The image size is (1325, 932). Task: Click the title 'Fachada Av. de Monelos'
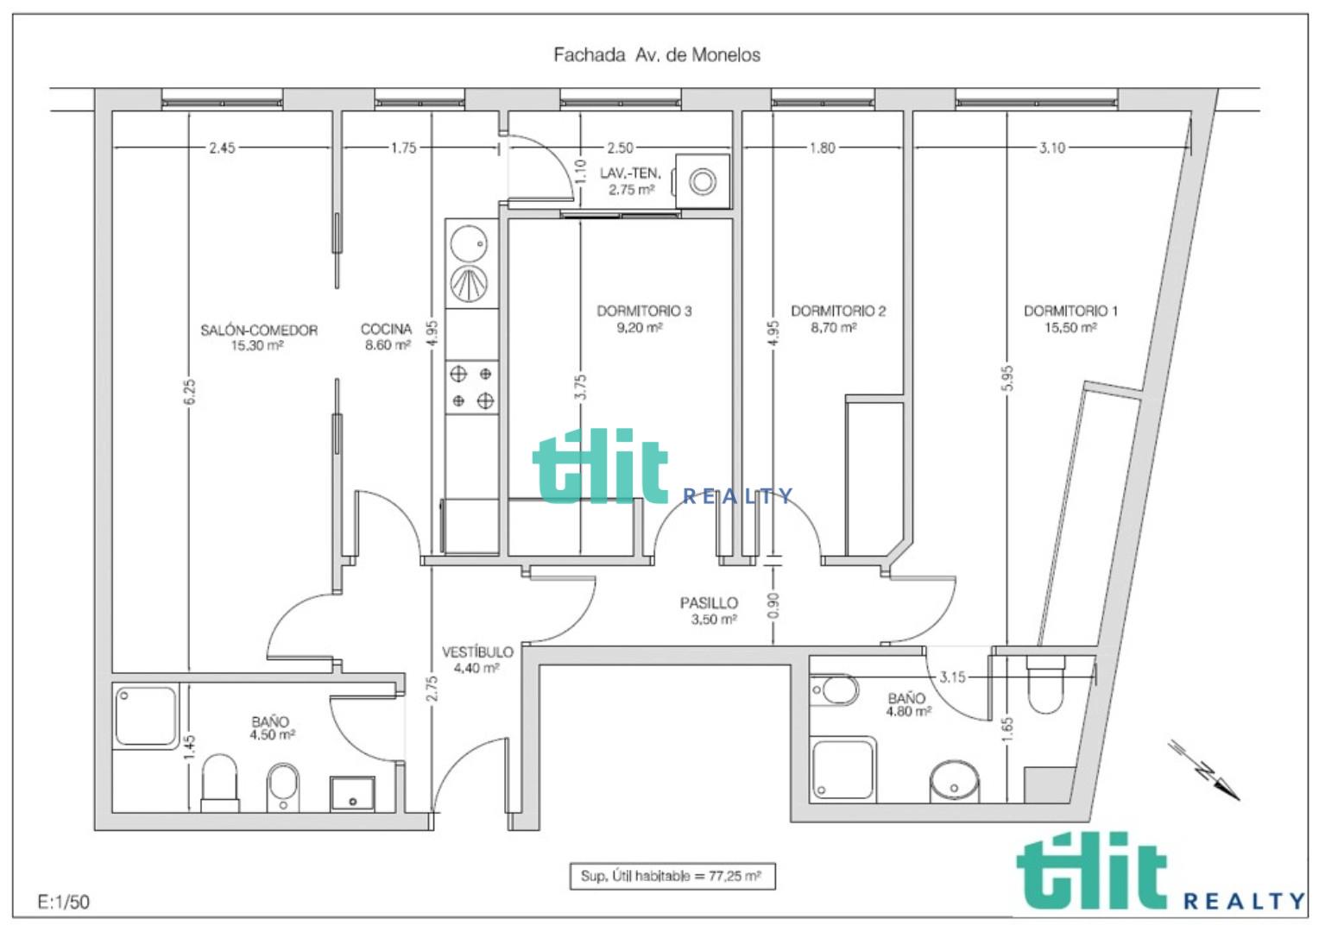point(657,55)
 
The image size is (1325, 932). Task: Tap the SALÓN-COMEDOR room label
point(259,330)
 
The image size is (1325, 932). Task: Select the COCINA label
point(386,329)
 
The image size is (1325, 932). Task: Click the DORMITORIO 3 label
point(644,311)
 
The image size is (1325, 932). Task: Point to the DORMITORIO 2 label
point(838,311)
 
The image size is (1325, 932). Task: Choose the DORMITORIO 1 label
point(1071,311)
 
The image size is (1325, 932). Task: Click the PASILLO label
point(709,603)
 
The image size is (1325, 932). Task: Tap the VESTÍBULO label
point(477,652)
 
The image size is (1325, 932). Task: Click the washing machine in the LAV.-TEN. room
point(702,181)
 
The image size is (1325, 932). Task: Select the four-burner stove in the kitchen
point(471,387)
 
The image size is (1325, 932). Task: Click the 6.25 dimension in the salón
point(189,392)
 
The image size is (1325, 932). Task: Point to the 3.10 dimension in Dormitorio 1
point(1052,148)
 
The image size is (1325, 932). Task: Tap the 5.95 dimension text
point(1008,379)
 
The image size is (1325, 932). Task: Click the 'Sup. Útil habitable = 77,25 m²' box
point(672,877)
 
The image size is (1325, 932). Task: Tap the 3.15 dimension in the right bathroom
point(952,677)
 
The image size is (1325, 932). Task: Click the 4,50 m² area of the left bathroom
point(272,735)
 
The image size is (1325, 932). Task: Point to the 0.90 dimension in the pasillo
point(773,606)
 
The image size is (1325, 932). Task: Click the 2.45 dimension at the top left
point(222,148)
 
